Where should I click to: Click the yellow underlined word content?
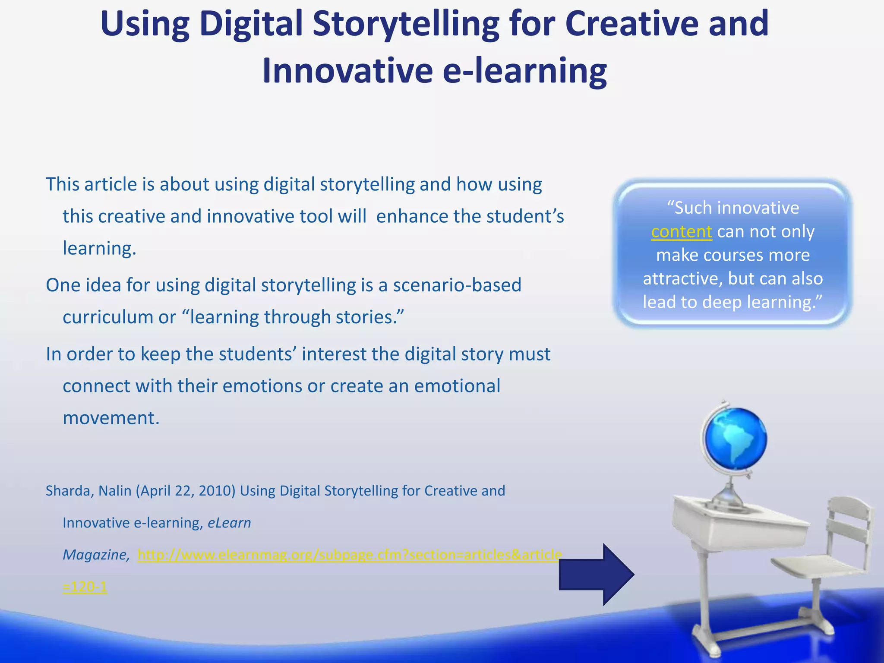point(681,232)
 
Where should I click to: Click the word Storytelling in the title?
point(406,24)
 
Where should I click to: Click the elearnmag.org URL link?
point(350,555)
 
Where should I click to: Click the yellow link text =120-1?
point(85,587)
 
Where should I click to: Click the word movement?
point(111,418)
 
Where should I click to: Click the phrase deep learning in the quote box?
point(760,302)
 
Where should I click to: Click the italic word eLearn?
point(229,523)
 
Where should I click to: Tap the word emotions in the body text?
point(262,386)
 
